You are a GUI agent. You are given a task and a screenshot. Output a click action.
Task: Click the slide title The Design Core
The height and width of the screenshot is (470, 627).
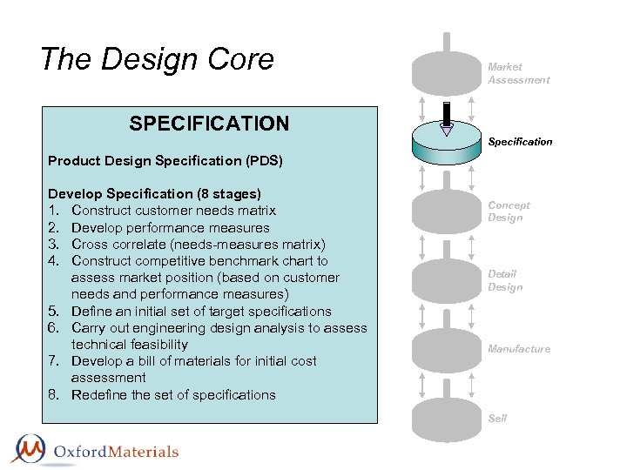[157, 59]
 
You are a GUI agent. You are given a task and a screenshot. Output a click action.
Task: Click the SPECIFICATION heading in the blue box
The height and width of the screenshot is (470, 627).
[209, 124]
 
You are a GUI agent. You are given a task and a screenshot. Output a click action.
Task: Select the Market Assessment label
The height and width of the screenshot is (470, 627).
[518, 73]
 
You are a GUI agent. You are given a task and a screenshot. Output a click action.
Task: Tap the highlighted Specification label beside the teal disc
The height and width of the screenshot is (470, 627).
[520, 141]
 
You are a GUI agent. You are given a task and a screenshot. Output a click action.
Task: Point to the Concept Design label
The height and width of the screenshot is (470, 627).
[509, 211]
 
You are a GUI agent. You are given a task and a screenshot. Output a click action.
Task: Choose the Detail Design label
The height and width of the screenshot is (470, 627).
[505, 280]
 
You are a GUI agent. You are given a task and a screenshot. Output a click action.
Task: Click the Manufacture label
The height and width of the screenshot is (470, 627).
[519, 349]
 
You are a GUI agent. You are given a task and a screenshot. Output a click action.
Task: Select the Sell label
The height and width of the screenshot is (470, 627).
[497, 419]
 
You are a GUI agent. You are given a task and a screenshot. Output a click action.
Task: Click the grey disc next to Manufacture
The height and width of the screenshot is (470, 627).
[447, 349]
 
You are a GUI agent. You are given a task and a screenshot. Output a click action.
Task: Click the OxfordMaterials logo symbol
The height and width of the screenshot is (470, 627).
[29, 449]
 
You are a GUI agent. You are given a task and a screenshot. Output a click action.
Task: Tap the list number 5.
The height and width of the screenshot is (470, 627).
[54, 312]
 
